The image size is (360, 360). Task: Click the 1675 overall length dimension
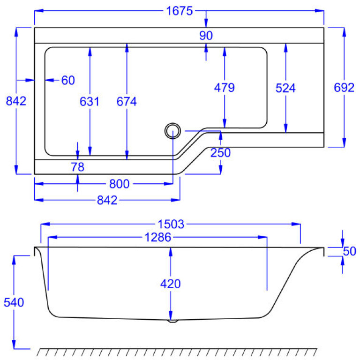tap(180, 11)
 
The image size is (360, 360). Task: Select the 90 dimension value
tap(206, 35)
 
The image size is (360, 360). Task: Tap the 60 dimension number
tap(68, 80)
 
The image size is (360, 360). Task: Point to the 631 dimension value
tap(90, 101)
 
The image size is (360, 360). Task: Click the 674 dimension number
tap(127, 101)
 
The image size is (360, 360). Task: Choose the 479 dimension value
tap(225, 88)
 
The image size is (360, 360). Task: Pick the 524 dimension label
tap(285, 88)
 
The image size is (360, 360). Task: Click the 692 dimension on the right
tap(344, 88)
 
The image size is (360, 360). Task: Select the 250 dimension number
tap(220, 153)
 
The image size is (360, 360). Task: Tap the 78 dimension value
tap(78, 167)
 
